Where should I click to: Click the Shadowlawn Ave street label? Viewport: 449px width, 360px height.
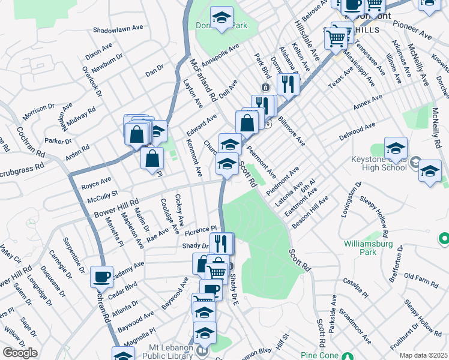coord(119,28)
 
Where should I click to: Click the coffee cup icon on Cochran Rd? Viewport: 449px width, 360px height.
coord(101,277)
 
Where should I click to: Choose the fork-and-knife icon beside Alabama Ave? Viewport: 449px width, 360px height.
coord(289,85)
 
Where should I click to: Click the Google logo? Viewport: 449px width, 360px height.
coord(20,353)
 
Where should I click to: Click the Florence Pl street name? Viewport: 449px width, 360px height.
coord(200,230)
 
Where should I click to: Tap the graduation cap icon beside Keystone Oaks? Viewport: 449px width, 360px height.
coord(396,149)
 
